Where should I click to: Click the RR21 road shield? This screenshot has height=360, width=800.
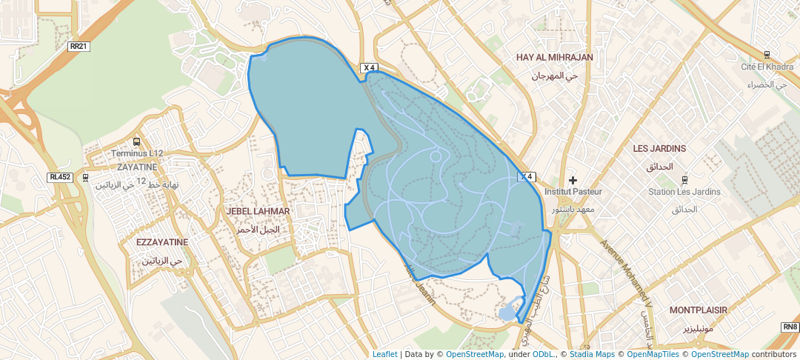click(78, 46)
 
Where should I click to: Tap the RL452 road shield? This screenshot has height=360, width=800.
click(59, 177)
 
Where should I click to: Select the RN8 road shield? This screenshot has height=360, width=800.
click(790, 327)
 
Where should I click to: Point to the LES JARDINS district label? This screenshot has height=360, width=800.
click(659, 149)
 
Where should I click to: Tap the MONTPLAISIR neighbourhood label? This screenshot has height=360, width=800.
click(698, 310)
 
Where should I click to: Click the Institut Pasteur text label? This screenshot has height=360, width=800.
click(573, 192)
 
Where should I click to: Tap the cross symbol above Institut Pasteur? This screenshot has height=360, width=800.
click(573, 180)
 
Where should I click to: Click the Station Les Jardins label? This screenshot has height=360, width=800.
click(684, 192)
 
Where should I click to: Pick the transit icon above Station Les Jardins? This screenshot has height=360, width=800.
click(684, 179)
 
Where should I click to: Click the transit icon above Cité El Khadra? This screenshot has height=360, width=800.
click(766, 54)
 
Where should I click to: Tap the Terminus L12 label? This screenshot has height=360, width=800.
click(136, 153)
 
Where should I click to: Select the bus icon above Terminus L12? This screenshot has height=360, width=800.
click(136, 141)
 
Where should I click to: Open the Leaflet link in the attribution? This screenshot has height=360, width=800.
click(384, 354)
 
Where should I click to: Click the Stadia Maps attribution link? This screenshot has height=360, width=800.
click(592, 354)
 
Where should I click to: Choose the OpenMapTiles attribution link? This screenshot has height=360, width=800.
click(653, 354)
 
